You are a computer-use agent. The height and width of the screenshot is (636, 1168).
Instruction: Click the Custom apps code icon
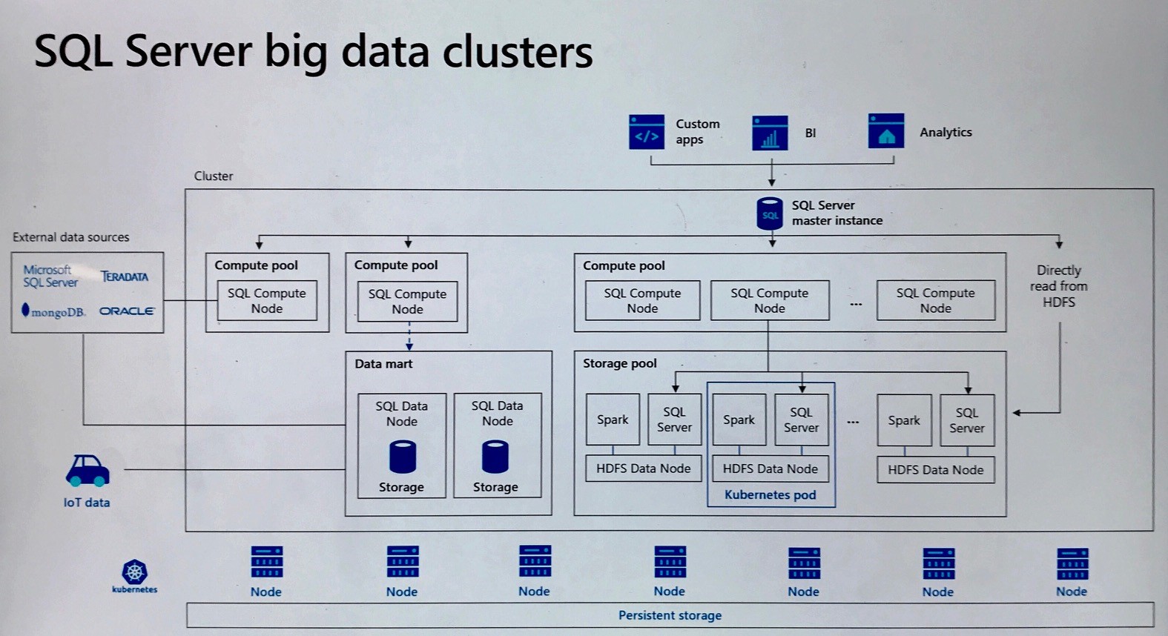[x=646, y=132]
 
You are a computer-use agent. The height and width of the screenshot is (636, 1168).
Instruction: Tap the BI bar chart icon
[x=770, y=133]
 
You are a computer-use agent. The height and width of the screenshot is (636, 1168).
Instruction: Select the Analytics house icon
[x=885, y=131]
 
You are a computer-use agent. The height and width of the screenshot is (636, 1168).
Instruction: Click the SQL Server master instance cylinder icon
[x=770, y=213]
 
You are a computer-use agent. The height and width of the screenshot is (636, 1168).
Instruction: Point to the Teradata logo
[x=125, y=276]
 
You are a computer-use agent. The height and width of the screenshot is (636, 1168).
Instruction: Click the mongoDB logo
[x=53, y=311]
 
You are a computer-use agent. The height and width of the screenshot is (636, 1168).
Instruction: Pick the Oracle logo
[x=127, y=311]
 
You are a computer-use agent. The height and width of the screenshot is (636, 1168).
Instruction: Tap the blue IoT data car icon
[x=88, y=471]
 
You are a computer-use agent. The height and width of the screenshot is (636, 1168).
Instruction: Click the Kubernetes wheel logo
[x=134, y=572]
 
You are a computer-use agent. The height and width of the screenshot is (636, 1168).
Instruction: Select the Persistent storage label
[x=670, y=615]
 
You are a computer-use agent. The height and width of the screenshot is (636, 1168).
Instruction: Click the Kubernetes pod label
[x=770, y=494]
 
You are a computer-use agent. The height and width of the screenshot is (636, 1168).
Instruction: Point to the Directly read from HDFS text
[x=1058, y=286]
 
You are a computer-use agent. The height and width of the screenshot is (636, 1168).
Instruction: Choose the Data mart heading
[x=383, y=364]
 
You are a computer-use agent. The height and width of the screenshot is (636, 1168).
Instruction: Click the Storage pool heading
[x=619, y=363]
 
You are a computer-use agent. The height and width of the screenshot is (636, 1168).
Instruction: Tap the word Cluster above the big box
[x=214, y=176]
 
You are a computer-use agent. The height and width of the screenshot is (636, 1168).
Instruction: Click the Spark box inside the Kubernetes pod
[x=739, y=420]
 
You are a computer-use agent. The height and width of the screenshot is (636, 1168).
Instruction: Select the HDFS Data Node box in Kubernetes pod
[x=770, y=468]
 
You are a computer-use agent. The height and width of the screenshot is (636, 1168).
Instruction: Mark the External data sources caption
[x=70, y=237]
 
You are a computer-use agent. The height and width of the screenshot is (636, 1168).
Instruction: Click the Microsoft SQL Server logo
[x=50, y=276]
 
